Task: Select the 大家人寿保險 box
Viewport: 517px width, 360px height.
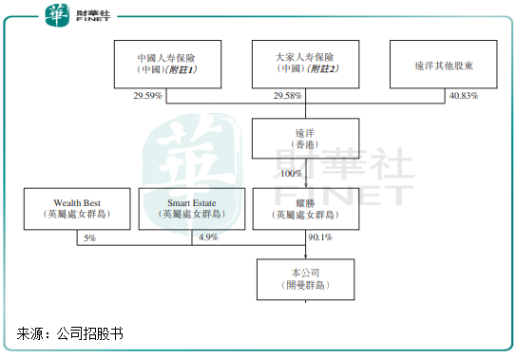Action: point(306,65)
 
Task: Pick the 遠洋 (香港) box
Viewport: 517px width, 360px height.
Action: point(306,138)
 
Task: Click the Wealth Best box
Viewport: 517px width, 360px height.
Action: point(78,209)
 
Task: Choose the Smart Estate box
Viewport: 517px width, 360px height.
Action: point(193,209)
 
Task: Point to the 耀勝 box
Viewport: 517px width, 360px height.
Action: point(306,209)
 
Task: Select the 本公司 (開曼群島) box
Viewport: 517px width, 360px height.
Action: point(306,279)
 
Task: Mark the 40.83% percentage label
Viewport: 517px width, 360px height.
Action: point(463,96)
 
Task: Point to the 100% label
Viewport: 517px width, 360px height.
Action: point(291,174)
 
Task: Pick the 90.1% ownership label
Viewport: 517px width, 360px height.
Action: point(320,237)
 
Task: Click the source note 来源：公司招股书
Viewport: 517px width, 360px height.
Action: point(70,333)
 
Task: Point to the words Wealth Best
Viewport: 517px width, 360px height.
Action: point(78,202)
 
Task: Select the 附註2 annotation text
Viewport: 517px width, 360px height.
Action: point(322,70)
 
